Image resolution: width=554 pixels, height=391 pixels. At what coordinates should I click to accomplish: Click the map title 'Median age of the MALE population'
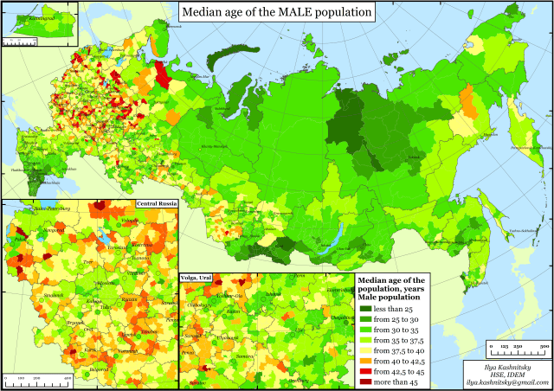pyautogui.click(x=277, y=12)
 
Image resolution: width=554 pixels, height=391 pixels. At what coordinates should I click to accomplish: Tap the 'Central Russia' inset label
pyautogui.click(x=156, y=204)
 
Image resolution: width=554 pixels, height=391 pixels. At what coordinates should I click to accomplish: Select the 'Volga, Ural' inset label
pyautogui.click(x=196, y=277)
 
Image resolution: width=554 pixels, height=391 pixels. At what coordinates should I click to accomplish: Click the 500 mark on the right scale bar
pyautogui.click(x=544, y=346)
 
